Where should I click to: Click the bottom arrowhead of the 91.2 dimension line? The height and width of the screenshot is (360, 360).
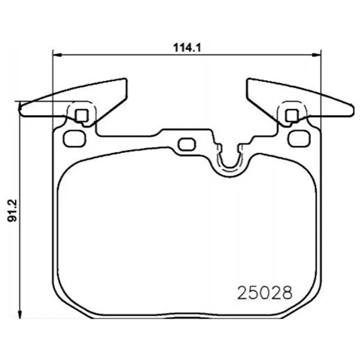point(21,314)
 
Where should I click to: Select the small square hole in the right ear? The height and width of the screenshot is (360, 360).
point(292,115)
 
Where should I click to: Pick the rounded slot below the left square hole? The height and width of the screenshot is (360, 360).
point(74,137)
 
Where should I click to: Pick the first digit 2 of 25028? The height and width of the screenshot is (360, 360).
point(243,293)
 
